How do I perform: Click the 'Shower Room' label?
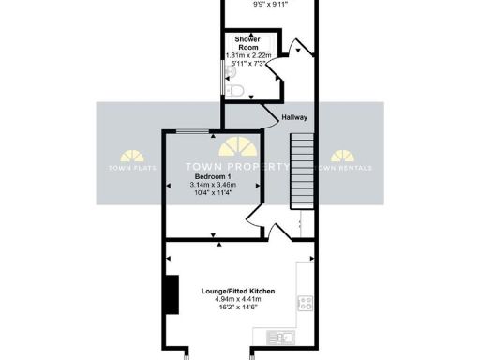[248, 45]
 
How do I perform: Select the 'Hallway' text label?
[294, 117]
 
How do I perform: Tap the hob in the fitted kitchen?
[305, 303]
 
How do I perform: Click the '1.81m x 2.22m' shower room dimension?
[248, 55]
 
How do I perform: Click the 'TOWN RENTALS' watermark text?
[344, 168]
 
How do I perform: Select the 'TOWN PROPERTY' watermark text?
[240, 167]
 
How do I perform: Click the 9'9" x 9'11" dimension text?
[271, 4]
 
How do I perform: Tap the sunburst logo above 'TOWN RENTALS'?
[343, 155]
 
